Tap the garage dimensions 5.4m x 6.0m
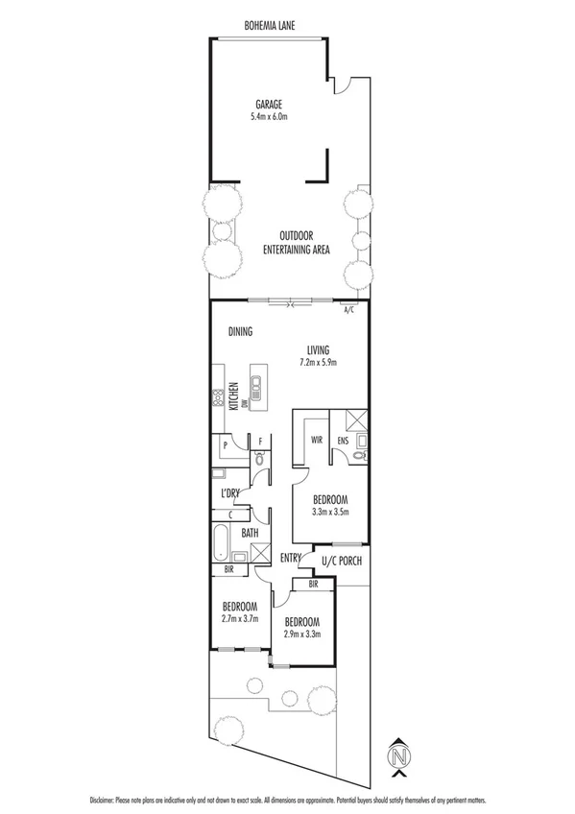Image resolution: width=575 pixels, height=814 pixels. click(x=268, y=117)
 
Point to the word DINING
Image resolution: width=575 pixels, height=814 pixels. click(x=241, y=332)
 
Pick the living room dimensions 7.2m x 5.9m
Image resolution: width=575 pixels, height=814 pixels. click(x=317, y=363)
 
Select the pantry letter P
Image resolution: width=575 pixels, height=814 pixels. click(x=225, y=445)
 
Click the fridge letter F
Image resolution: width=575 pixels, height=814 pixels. click(x=260, y=443)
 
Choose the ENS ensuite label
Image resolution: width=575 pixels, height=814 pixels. click(x=343, y=442)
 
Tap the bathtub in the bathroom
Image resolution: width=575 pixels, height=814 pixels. click(x=221, y=543)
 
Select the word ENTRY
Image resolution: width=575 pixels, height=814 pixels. click(x=291, y=559)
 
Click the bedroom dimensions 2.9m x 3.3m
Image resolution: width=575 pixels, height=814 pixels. click(x=301, y=633)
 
